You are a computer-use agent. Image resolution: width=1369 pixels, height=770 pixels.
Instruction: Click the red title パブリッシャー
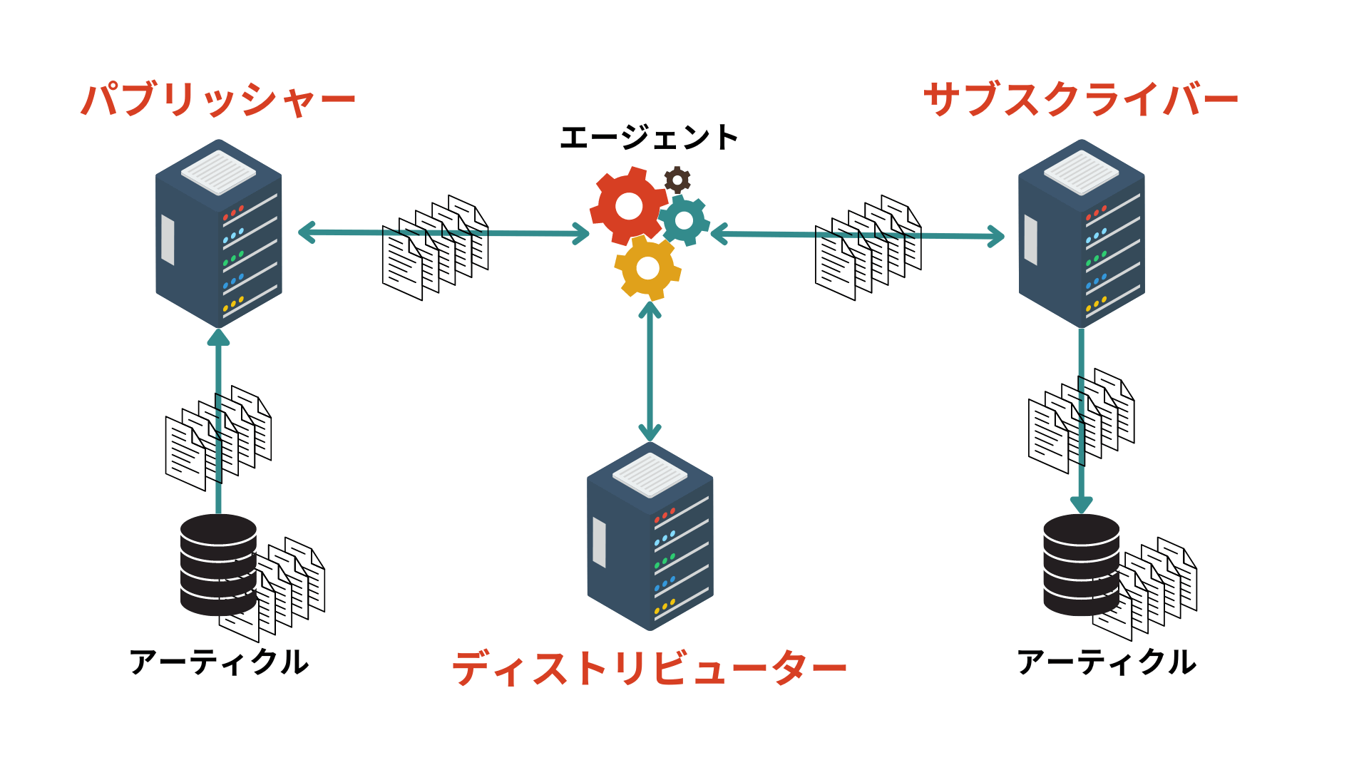point(218,100)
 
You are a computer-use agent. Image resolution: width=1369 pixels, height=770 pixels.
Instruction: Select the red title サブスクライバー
point(1080,99)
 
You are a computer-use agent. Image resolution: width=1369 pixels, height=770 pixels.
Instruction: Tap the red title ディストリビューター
point(649,669)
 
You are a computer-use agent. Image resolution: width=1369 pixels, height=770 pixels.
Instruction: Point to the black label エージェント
point(648,138)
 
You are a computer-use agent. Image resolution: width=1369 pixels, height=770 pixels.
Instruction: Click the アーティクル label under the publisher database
point(219,662)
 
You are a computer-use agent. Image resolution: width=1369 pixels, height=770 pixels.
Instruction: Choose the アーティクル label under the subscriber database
point(1106,662)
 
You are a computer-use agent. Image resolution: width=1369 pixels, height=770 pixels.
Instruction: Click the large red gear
point(627,206)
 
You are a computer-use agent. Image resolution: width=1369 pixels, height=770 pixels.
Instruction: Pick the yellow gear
point(647,268)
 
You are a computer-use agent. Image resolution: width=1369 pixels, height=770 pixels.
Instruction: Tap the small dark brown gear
point(677,180)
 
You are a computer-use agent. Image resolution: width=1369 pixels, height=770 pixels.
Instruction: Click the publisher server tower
point(218,235)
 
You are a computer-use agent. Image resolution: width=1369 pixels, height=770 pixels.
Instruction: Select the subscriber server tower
point(1081,235)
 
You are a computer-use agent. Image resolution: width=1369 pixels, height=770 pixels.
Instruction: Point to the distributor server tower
point(650,538)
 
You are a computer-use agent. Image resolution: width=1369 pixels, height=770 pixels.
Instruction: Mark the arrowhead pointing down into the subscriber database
point(1082,505)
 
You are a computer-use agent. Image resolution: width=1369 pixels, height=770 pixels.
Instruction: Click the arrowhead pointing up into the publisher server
point(218,337)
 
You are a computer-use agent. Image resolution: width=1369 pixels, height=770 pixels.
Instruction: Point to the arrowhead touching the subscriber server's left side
point(997,236)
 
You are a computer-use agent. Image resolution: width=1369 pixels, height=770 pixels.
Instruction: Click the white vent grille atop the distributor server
point(650,475)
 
